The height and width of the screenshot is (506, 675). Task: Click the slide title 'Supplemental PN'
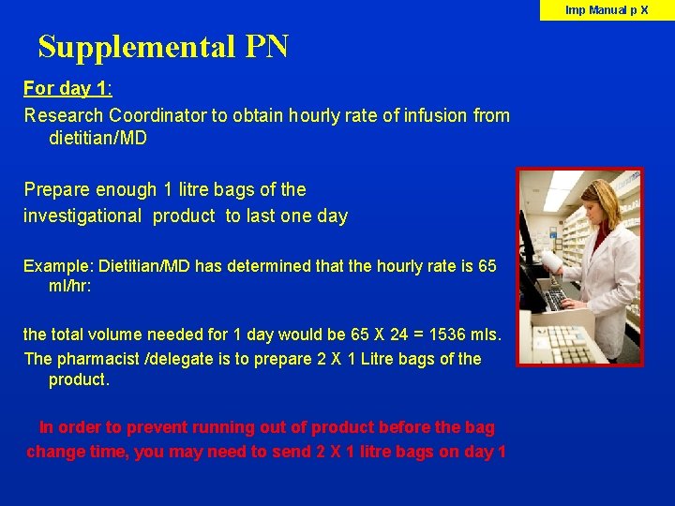tap(163, 46)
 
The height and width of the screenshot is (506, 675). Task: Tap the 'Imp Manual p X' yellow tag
tap(607, 10)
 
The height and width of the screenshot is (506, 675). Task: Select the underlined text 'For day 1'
tap(66, 89)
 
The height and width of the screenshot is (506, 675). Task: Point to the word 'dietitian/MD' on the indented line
tap(97, 139)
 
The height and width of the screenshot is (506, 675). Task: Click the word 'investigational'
tap(83, 216)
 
